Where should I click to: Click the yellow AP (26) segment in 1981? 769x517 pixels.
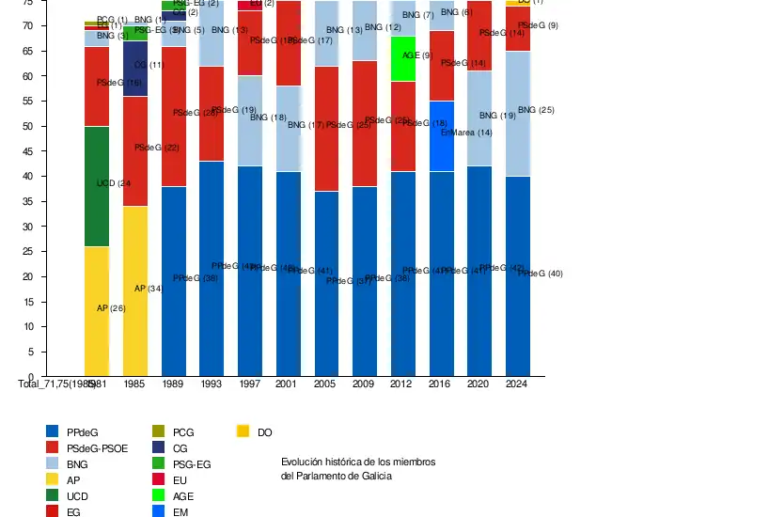(x=97, y=311)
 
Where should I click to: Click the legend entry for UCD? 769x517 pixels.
(x=77, y=495)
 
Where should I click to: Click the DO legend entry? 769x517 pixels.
(x=264, y=431)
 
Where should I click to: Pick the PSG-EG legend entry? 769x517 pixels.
(x=192, y=464)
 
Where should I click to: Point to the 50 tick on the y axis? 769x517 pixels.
(x=29, y=126)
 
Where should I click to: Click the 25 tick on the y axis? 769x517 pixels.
(x=29, y=252)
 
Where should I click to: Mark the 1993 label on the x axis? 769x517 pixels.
(x=212, y=384)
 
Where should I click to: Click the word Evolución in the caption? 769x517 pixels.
(x=303, y=462)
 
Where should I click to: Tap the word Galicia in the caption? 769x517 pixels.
(x=373, y=476)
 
